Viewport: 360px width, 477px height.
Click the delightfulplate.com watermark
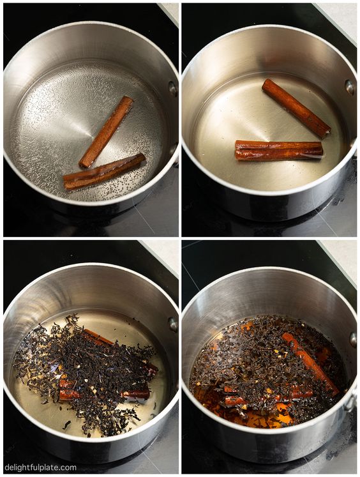[40, 467]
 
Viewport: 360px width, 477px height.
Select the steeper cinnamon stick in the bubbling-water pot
[106, 132]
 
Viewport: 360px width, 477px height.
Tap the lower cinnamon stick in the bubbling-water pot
[104, 172]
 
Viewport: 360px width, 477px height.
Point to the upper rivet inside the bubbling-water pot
[173, 89]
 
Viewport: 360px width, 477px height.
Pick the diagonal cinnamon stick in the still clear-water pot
[296, 109]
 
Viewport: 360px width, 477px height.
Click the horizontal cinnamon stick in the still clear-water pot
[279, 150]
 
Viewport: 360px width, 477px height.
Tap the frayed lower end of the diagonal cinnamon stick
[326, 132]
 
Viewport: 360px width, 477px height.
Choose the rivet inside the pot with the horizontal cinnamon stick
[350, 87]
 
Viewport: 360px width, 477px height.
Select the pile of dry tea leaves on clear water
[87, 373]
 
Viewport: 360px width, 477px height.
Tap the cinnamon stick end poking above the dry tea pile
[96, 336]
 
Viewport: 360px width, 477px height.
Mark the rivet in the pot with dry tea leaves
[174, 324]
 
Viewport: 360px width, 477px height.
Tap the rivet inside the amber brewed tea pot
[354, 340]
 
